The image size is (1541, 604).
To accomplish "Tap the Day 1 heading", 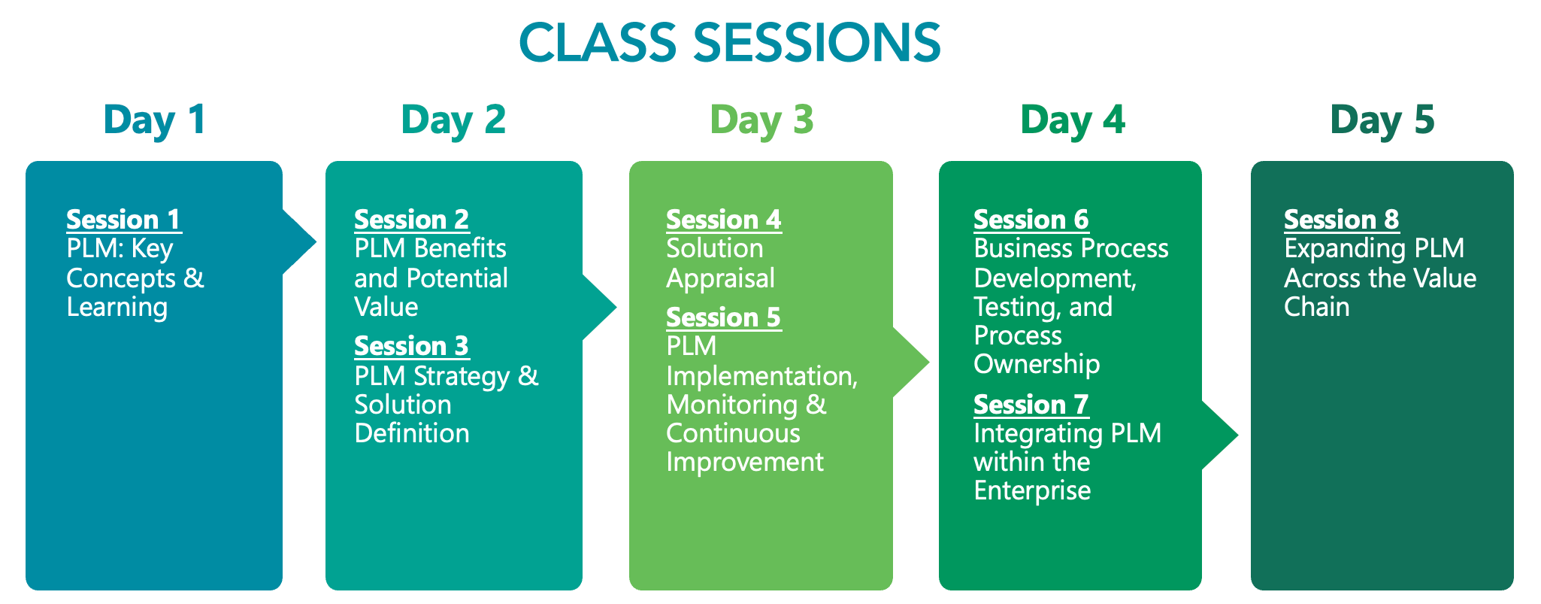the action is click(155, 120).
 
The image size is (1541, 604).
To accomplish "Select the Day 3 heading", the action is click(761, 120).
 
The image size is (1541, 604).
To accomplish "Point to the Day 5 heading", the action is click(1382, 120).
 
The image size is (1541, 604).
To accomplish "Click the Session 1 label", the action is click(124, 220).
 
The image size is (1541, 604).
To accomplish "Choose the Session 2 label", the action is click(412, 220).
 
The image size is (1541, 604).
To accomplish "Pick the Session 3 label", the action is click(412, 346).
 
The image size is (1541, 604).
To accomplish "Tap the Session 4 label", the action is click(724, 220).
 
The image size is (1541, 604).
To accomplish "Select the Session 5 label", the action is click(724, 317).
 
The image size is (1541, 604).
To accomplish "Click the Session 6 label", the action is click(1031, 220).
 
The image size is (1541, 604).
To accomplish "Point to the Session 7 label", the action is click(1031, 405).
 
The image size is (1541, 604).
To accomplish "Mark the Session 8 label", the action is click(1342, 220).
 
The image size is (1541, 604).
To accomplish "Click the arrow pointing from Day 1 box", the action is click(299, 242).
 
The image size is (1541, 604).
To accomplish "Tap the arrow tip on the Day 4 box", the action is click(1237, 434).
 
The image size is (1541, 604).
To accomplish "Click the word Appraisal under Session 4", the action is click(720, 279).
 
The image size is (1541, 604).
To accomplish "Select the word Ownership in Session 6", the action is click(1037, 365).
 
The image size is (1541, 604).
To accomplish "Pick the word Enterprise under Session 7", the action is click(1032, 491).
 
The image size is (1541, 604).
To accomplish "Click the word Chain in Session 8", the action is click(1317, 307).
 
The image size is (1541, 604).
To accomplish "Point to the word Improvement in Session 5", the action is click(745, 463).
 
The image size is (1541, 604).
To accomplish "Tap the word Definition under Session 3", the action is click(412, 433).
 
